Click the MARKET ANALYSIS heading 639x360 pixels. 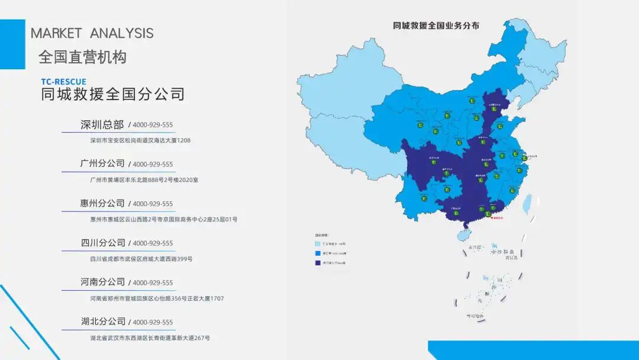coord(92,33)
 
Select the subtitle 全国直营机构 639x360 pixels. coord(82,57)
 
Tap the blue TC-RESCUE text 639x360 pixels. coord(63,82)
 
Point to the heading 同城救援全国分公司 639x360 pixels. coord(112,95)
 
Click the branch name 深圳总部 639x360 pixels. coord(102,125)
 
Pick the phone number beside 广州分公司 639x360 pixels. coord(152,165)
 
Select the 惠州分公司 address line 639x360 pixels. coord(163,220)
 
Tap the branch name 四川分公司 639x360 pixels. coord(103,243)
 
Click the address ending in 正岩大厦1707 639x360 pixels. coord(157,298)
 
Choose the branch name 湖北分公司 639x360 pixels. coord(103,322)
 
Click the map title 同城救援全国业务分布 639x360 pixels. coord(436,25)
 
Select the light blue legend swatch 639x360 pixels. coord(318,243)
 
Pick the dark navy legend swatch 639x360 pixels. coord(318,263)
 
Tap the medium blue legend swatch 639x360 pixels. coord(318,253)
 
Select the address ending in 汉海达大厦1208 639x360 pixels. coord(140,141)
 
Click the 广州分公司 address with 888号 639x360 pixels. coord(144,180)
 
